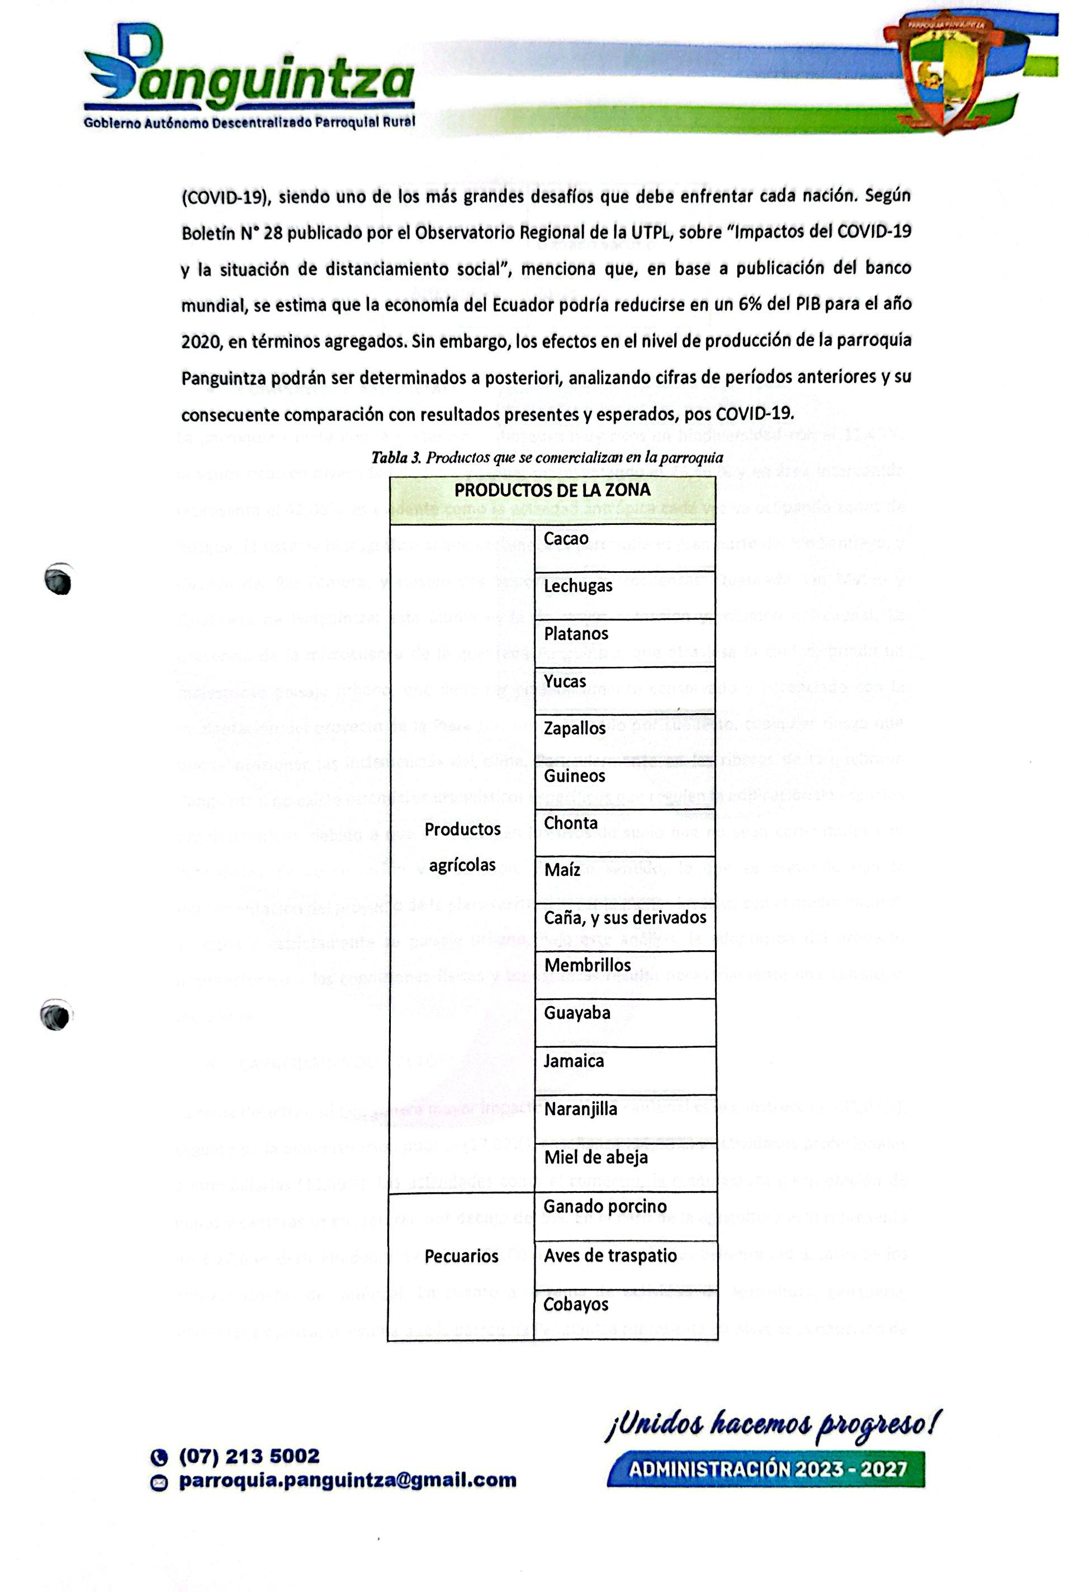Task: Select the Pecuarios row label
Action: (x=461, y=1255)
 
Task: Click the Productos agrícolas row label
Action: (x=462, y=847)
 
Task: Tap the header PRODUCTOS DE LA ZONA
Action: (x=552, y=490)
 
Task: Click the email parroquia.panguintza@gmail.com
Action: (x=347, y=1480)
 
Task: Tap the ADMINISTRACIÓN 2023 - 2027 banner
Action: (x=766, y=1468)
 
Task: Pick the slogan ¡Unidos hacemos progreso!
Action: (x=773, y=1424)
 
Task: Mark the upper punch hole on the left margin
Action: (x=58, y=580)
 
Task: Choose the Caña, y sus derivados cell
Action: (x=624, y=918)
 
